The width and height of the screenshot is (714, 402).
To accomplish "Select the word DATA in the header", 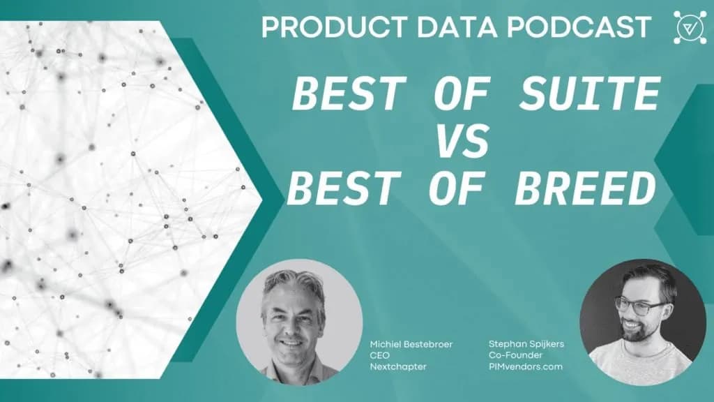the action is click(x=457, y=27).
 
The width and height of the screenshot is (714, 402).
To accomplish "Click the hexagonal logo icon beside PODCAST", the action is click(x=690, y=27).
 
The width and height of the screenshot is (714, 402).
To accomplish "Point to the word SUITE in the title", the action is click(x=589, y=94).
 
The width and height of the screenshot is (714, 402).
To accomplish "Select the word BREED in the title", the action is click(x=585, y=188).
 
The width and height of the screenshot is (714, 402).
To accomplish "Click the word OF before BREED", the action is click(x=455, y=188).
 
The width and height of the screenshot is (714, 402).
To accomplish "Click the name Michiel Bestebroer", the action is click(x=411, y=344).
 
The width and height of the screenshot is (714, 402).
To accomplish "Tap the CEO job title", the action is click(x=380, y=355).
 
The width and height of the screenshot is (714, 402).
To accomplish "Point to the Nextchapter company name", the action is click(x=398, y=366).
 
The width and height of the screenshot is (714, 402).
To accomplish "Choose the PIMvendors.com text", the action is click(x=526, y=366).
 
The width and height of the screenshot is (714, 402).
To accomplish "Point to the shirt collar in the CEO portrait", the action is click(x=296, y=367).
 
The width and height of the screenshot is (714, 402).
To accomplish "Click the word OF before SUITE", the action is click(x=460, y=94).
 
